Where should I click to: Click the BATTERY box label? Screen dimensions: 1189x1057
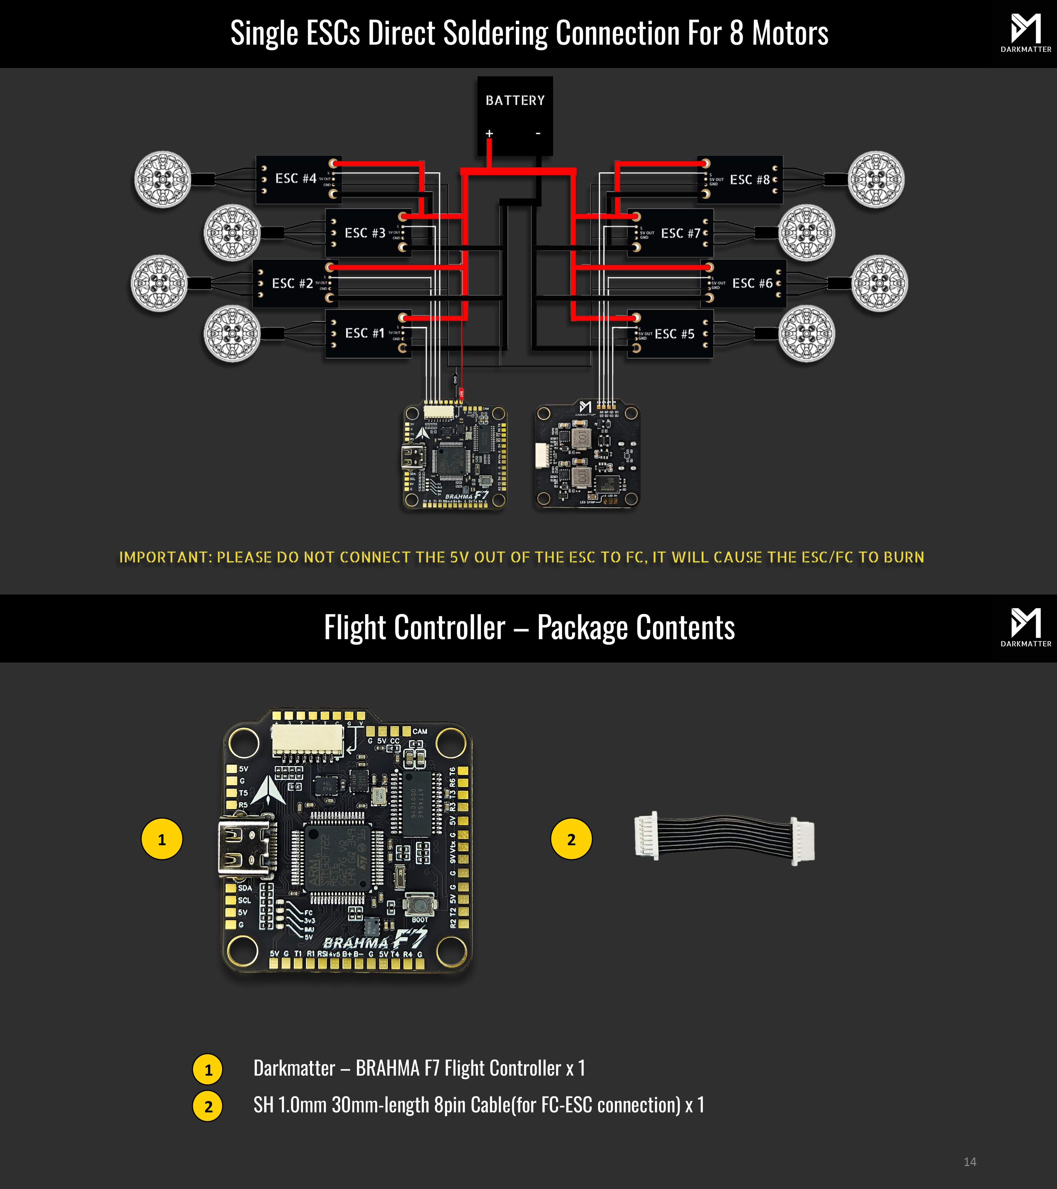click(515, 101)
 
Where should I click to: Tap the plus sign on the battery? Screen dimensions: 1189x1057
click(489, 134)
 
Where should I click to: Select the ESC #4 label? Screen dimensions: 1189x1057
click(296, 179)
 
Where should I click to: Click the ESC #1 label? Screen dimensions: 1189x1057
click(365, 333)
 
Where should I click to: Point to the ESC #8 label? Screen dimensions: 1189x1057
click(749, 180)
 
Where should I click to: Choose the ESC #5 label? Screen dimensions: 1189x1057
click(674, 334)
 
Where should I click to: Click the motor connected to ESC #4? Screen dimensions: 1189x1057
click(162, 179)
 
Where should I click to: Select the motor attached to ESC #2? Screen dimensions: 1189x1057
click(159, 283)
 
